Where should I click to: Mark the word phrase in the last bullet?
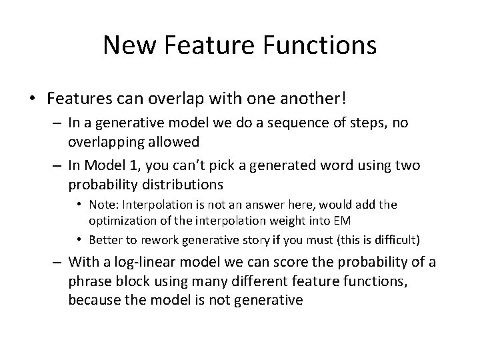89,281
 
